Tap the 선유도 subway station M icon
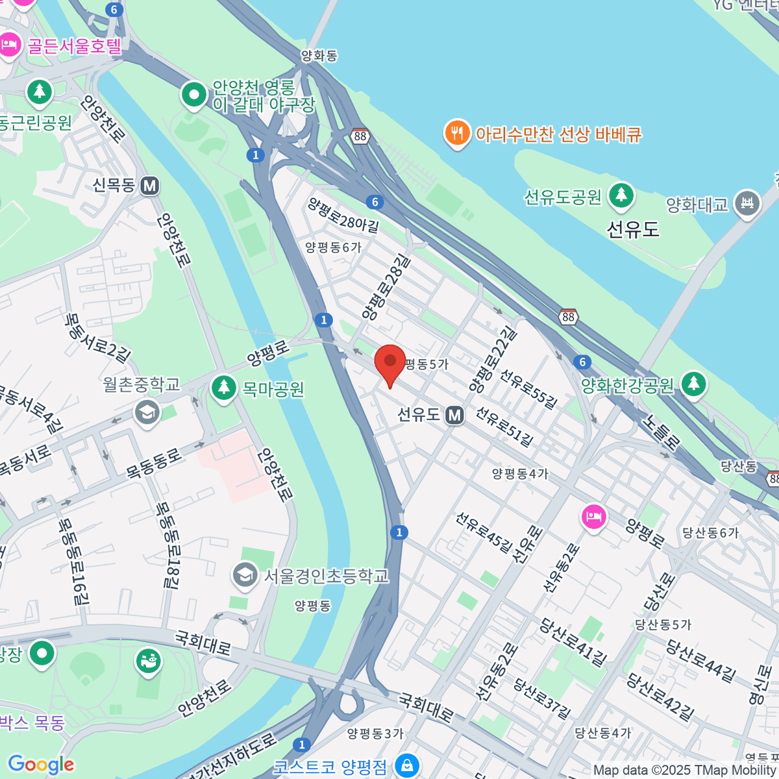pyautogui.click(x=455, y=415)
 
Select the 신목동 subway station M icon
pyautogui.click(x=150, y=186)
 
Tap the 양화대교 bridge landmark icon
pyautogui.click(x=747, y=204)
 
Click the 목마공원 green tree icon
pyautogui.click(x=224, y=388)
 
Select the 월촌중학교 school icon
pyautogui.click(x=147, y=412)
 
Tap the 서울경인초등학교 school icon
pyautogui.click(x=245, y=575)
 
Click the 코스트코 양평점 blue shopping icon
pyautogui.click(x=407, y=765)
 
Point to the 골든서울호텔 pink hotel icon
pyautogui.click(x=10, y=45)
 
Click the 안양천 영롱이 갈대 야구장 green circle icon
pyautogui.click(x=193, y=95)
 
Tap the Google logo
pyautogui.click(x=41, y=764)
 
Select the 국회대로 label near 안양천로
pyautogui.click(x=203, y=642)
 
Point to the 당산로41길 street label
pyautogui.click(x=573, y=642)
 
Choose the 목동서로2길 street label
pyautogui.click(x=97, y=338)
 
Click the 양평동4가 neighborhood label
pyautogui.click(x=520, y=474)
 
